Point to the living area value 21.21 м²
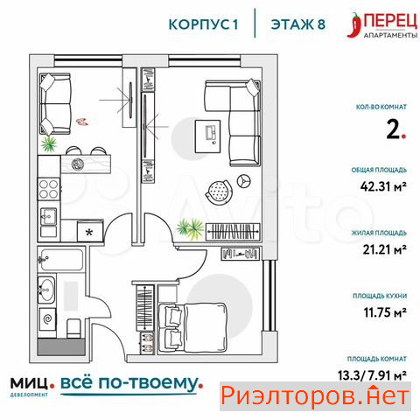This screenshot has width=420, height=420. tap(381, 250)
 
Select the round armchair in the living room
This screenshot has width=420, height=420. tap(218, 187)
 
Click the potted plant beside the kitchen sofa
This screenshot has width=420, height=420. tap(49, 142)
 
